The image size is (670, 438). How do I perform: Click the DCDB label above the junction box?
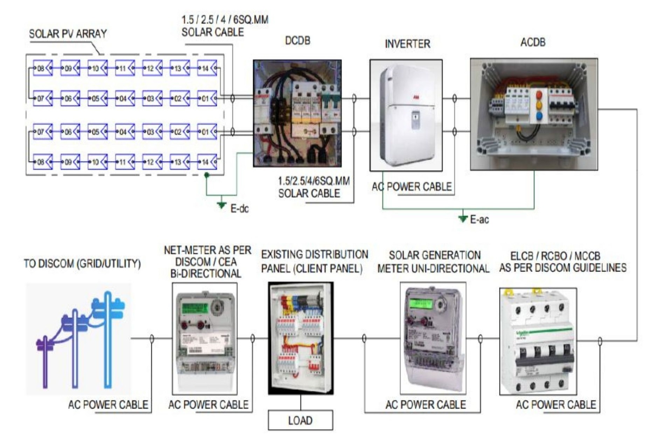(297, 41)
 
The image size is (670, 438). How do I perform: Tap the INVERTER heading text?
(407, 44)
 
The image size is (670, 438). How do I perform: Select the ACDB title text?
(533, 42)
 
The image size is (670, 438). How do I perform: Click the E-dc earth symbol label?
(239, 209)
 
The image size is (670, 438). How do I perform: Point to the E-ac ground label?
(479, 220)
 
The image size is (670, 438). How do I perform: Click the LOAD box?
(300, 420)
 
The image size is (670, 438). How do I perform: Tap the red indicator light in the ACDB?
(539, 95)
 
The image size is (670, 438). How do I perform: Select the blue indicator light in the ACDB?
(539, 115)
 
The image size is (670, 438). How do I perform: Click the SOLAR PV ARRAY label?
(68, 34)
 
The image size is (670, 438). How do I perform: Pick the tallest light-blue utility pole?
(108, 340)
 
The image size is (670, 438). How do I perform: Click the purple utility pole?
(45, 361)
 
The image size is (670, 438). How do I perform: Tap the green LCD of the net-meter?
(195, 308)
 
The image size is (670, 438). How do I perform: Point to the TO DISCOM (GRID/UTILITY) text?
(82, 263)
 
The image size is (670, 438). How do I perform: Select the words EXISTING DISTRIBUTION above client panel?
(315, 255)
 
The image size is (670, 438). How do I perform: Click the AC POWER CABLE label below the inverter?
(412, 187)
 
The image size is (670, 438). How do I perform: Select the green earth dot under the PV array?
(206, 175)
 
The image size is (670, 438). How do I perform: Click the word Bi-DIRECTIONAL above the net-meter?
(206, 274)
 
